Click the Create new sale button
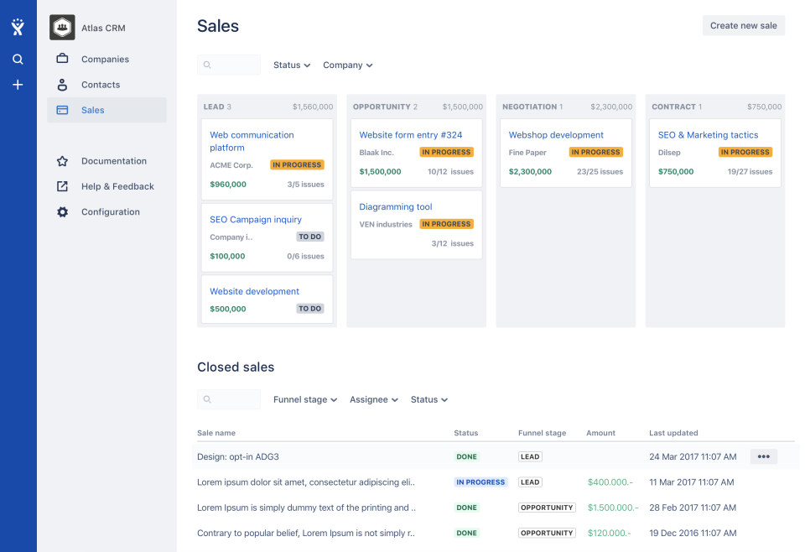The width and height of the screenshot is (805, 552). point(743,25)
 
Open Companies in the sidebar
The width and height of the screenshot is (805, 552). point(105,60)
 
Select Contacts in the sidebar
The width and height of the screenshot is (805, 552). point(100,85)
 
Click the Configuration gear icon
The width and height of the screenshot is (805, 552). point(62,212)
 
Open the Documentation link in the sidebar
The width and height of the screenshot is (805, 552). point(113,161)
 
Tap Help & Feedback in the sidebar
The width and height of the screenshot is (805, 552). point(117,186)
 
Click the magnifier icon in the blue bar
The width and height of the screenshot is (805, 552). point(18,60)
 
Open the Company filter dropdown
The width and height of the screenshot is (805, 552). point(347,65)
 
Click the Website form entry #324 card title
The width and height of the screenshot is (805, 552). point(410,135)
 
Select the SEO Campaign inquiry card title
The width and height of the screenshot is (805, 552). point(256,220)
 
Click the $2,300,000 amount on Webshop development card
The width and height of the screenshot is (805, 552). point(530,172)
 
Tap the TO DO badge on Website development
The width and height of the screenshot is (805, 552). point(309,309)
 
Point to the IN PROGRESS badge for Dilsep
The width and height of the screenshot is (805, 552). point(744,153)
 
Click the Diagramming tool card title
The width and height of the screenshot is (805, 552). point(396,207)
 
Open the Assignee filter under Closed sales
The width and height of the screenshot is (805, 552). point(373,400)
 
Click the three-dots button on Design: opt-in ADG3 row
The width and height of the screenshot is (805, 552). point(763,457)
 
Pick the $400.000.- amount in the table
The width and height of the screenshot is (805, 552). point(610,482)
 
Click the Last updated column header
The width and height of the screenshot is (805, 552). point(673,433)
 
